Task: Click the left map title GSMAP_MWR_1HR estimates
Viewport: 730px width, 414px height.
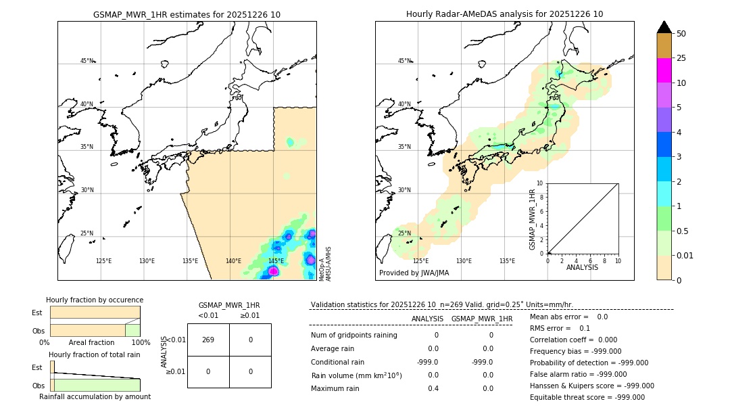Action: coord(187,14)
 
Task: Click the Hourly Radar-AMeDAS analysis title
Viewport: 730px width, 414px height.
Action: coord(504,14)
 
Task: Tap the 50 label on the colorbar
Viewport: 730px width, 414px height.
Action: coord(681,34)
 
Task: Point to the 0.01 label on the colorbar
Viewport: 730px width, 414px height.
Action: coord(685,255)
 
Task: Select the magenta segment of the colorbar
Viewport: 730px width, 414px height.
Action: coord(664,70)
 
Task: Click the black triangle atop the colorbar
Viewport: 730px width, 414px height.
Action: coord(664,27)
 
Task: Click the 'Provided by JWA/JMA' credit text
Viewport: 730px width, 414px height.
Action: coord(414,273)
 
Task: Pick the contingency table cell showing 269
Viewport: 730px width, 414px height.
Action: coord(208,340)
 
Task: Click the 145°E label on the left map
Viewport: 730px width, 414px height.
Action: coord(276,261)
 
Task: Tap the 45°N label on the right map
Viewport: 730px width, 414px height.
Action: coord(404,62)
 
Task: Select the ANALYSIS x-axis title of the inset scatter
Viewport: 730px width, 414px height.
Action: coord(582,268)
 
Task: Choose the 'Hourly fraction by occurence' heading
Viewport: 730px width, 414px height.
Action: coord(95,300)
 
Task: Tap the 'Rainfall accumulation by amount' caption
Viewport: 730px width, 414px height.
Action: coord(95,396)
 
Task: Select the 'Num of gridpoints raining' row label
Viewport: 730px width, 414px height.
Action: coord(354,336)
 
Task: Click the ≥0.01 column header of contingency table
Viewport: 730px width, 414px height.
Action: coord(250,315)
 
